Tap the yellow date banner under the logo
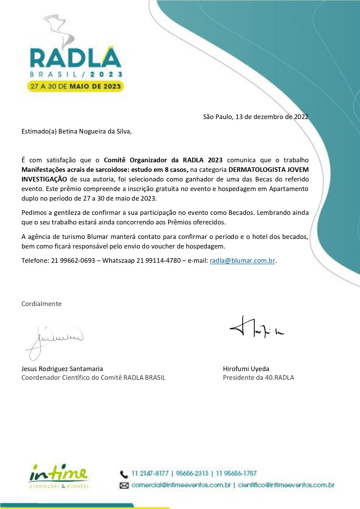(75, 86)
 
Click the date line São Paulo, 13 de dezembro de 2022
(255, 117)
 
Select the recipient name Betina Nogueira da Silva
(95, 131)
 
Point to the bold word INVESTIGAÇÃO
(44, 179)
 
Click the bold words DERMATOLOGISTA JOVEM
(269, 170)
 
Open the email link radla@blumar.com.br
(242, 260)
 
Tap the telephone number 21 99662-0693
(73, 260)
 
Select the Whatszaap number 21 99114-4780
(159, 260)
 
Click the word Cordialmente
(42, 304)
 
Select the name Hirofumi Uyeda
(246, 369)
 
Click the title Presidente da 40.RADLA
(258, 377)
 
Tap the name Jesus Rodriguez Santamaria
(62, 369)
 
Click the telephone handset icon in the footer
(124, 474)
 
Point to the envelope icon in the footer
(124, 485)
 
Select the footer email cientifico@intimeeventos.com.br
(286, 485)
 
